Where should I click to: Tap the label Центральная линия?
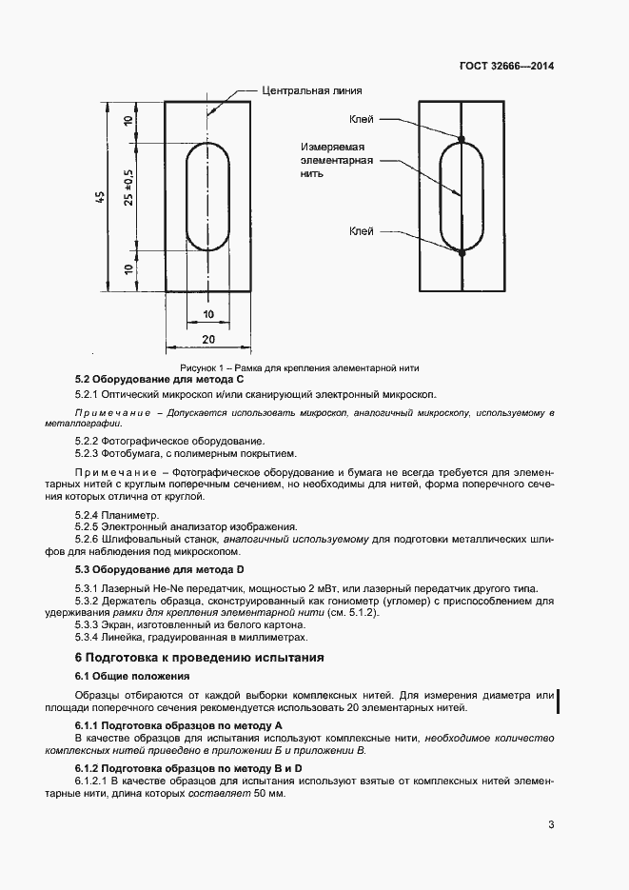[312, 90]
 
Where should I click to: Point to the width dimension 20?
[208, 339]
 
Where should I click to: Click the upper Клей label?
[362, 119]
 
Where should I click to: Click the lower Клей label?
[362, 231]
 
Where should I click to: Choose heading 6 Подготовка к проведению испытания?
[200, 658]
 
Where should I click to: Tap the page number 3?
[551, 824]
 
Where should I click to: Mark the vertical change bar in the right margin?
[557, 701]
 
